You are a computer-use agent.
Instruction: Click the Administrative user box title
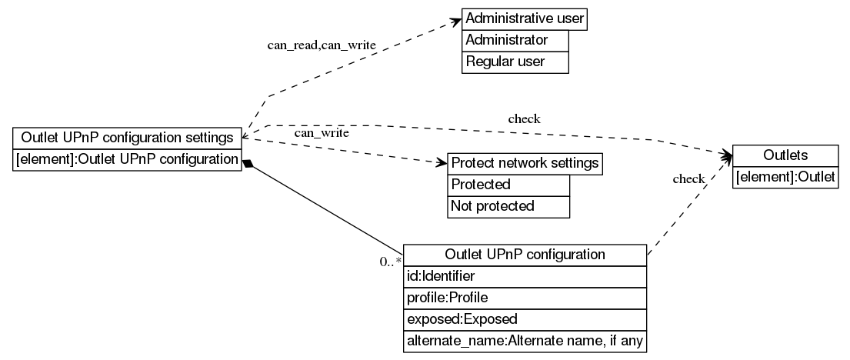click(525, 18)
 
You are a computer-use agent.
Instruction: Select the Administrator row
click(515, 40)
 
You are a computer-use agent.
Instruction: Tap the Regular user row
click(515, 62)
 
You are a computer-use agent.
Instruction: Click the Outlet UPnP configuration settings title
click(128, 138)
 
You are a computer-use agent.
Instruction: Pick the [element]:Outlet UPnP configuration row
click(128, 159)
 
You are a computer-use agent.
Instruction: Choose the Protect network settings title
click(525, 163)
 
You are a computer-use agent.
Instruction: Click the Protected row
click(508, 185)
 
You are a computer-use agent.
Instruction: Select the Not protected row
click(508, 206)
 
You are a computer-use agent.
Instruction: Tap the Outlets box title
click(785, 155)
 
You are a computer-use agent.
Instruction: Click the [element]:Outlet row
click(785, 178)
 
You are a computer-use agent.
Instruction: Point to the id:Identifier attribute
click(525, 275)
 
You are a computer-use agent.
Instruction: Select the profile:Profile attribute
click(525, 297)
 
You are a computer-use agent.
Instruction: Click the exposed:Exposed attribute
click(525, 318)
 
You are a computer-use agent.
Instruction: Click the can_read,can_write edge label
click(322, 45)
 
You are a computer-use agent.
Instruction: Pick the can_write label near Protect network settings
click(322, 133)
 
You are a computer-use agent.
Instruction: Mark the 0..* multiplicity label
click(391, 262)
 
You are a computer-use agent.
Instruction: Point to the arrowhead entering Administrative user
click(455, 22)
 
